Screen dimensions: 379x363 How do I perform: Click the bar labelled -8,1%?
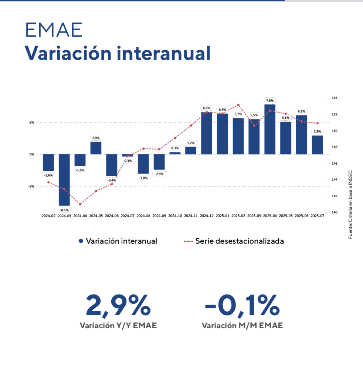64,180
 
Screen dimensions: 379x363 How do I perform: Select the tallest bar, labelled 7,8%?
269,129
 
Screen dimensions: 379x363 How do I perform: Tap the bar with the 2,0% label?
96,148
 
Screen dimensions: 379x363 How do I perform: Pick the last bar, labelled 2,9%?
317,145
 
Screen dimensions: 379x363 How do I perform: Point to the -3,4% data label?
112,180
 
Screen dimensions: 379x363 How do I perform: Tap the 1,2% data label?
190,143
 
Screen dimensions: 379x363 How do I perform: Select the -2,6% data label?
48,175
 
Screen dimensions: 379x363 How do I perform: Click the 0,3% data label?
174,148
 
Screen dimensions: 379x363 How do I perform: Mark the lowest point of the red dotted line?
80,204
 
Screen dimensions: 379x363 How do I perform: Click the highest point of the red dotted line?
238,105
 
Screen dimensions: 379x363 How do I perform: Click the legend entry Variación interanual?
118,241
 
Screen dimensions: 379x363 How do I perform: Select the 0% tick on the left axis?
32,154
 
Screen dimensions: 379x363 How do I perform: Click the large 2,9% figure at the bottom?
118,306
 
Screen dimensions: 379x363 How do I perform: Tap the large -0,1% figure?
242,306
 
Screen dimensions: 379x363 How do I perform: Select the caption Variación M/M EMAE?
242,326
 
